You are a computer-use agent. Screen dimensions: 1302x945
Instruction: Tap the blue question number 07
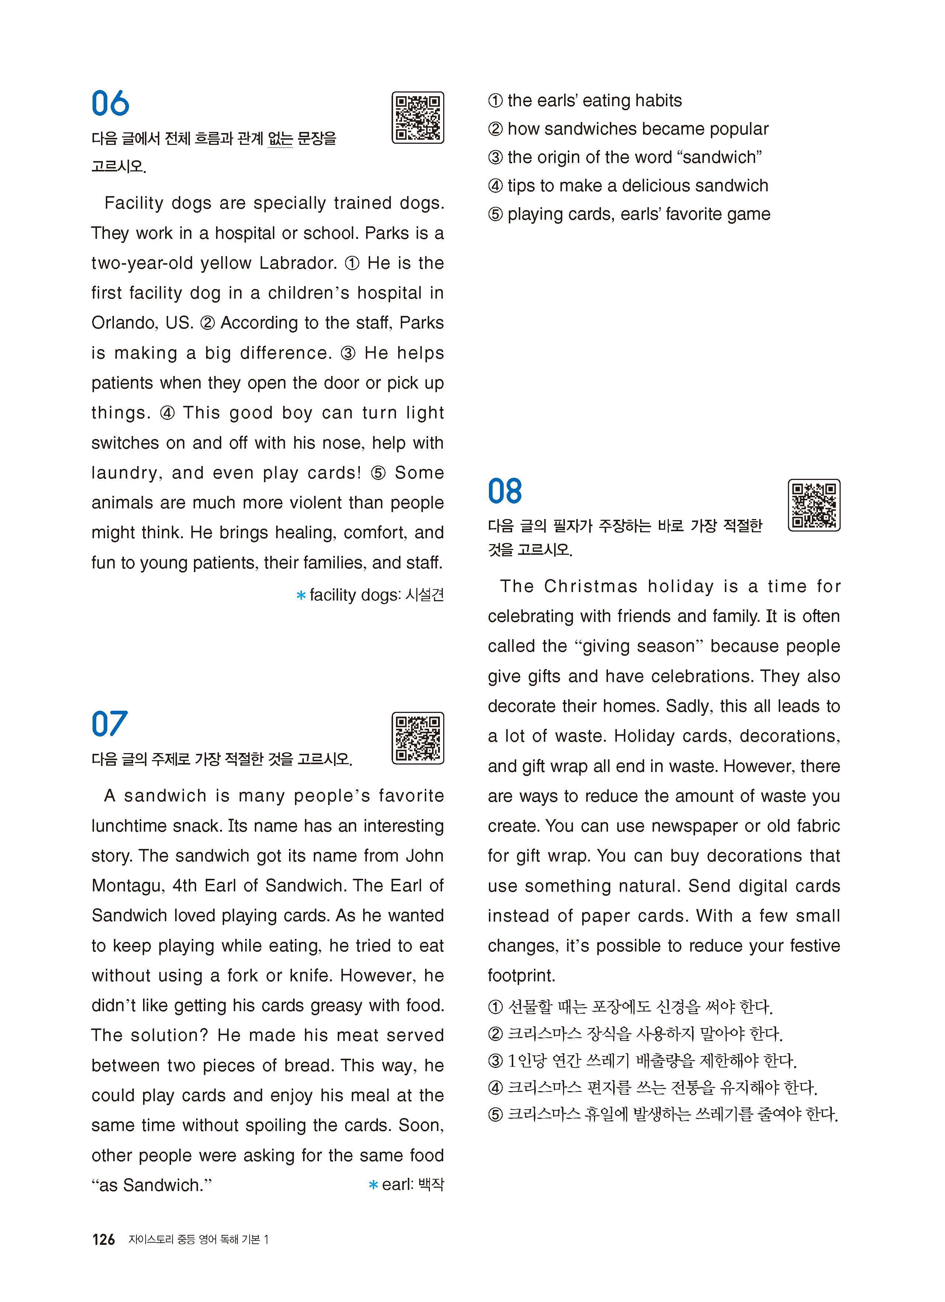click(109, 724)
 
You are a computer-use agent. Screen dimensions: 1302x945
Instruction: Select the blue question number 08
click(505, 492)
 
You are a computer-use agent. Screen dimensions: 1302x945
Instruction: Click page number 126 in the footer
click(103, 1239)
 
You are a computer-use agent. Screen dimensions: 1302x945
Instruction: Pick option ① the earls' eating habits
click(585, 101)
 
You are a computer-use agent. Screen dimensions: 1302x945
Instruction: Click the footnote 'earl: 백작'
click(406, 1185)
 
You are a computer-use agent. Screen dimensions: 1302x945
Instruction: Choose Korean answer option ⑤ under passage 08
click(663, 1115)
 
